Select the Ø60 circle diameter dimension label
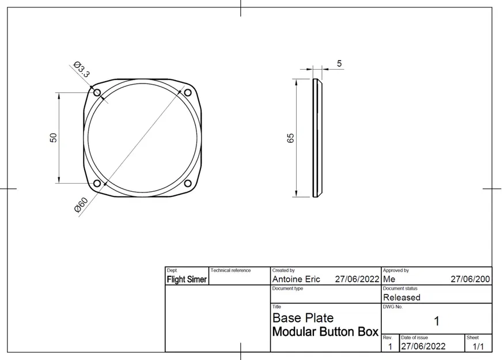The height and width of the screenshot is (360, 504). pos(81,205)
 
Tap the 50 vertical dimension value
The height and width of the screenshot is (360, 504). pos(53,138)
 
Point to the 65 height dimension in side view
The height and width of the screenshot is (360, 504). pos(290,138)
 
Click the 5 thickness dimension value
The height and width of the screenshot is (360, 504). pos(339,63)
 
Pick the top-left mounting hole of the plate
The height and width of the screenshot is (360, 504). pos(97,93)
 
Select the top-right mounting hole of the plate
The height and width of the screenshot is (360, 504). pos(188,93)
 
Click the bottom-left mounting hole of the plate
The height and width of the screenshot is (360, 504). pos(97,183)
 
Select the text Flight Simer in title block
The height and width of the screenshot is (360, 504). pos(187,279)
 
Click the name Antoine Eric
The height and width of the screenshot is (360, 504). pos(296,279)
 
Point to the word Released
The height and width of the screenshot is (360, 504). pos(401,297)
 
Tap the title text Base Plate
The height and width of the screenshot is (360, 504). pos(302,318)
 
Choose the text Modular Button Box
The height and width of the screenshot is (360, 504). pos(325,332)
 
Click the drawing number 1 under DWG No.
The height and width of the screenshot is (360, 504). pos(436,321)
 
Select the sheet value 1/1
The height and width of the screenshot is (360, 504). pos(478,346)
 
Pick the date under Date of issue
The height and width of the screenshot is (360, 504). pos(423,346)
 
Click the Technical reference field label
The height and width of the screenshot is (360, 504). pos(230,270)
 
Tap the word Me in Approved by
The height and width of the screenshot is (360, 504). pos(388,279)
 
